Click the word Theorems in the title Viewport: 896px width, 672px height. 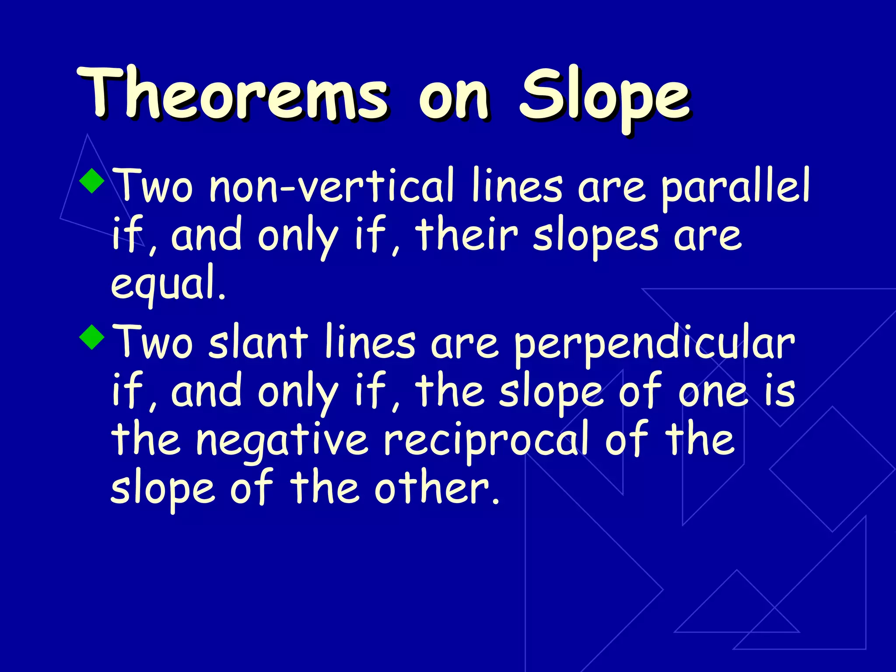point(232,94)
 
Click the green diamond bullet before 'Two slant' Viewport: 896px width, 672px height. point(92,336)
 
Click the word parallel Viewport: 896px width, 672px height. point(735,188)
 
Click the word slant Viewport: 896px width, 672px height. point(258,343)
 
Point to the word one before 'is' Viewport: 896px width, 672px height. point(713,392)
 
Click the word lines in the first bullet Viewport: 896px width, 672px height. point(517,186)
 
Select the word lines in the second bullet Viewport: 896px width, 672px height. point(370,343)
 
